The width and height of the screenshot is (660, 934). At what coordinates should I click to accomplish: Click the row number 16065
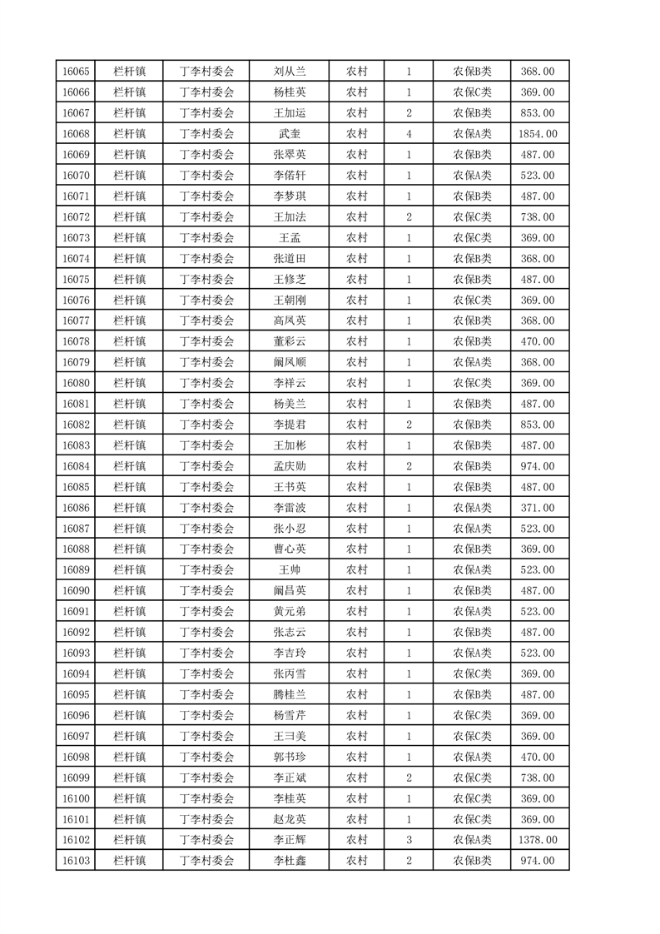tap(76, 72)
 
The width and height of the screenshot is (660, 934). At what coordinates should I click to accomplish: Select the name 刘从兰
tap(290, 72)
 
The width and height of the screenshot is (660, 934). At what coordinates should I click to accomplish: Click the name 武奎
tap(290, 134)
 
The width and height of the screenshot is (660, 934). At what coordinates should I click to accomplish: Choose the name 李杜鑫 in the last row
tap(290, 862)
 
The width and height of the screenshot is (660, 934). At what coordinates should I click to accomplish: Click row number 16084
tap(76, 466)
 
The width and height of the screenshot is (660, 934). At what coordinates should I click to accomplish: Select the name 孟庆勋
tap(290, 466)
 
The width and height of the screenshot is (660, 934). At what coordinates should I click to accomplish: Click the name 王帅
tap(290, 570)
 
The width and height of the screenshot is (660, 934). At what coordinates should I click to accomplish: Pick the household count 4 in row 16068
tap(409, 134)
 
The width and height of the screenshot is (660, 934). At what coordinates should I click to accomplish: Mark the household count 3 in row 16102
tap(409, 841)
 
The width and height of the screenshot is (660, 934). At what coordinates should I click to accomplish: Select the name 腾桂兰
tap(290, 695)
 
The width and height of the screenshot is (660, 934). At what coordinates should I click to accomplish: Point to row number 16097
tap(76, 737)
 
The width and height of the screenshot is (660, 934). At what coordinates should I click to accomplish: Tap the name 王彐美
tap(290, 737)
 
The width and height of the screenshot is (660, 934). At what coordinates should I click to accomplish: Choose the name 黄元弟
tap(290, 612)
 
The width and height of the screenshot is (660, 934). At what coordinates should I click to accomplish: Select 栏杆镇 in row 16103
tap(129, 862)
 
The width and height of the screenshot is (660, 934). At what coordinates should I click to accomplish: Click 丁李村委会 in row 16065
tap(207, 72)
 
